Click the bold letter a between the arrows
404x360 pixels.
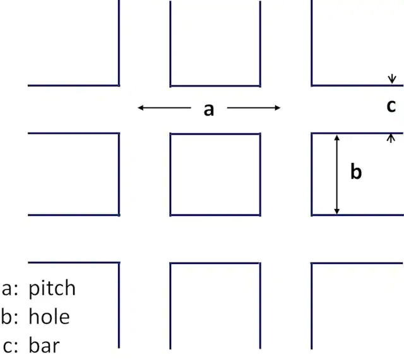(x=209, y=110)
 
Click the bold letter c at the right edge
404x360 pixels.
(x=391, y=106)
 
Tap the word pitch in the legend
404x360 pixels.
(x=52, y=289)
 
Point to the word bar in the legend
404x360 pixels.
(x=44, y=345)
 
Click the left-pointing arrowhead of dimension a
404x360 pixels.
(x=141, y=107)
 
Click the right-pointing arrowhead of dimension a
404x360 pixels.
(x=278, y=108)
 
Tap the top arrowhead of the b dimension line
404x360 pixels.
(x=336, y=138)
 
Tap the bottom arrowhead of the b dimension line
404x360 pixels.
(x=336, y=211)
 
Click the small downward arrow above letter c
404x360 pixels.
(x=392, y=79)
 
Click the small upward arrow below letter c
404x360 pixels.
(x=391, y=138)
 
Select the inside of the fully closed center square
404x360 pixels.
(x=215, y=174)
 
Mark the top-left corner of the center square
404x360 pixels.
(x=170, y=134)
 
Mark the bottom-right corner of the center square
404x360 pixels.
(x=260, y=215)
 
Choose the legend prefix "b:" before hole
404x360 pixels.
(x=9, y=316)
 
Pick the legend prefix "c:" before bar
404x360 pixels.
(x=11, y=345)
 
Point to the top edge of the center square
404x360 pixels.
(x=215, y=134)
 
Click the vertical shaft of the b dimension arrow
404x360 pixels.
(x=336, y=174)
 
